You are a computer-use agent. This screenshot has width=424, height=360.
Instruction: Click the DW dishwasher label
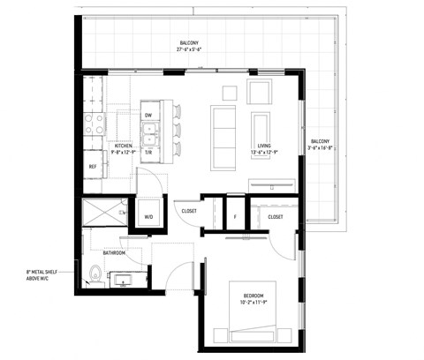(148, 115)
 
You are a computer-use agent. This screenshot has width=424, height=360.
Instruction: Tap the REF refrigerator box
(92, 166)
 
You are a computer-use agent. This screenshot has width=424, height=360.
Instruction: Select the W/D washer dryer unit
(148, 216)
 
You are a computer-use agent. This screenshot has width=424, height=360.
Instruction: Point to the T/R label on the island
(148, 152)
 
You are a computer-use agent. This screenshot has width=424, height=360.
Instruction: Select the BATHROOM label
(114, 253)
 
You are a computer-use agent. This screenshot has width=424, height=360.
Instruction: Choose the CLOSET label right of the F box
(276, 216)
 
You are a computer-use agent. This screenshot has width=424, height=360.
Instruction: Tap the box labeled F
(234, 216)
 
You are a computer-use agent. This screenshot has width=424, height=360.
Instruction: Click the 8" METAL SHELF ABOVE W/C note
(39, 276)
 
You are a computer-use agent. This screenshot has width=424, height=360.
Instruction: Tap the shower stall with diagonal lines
(103, 214)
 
